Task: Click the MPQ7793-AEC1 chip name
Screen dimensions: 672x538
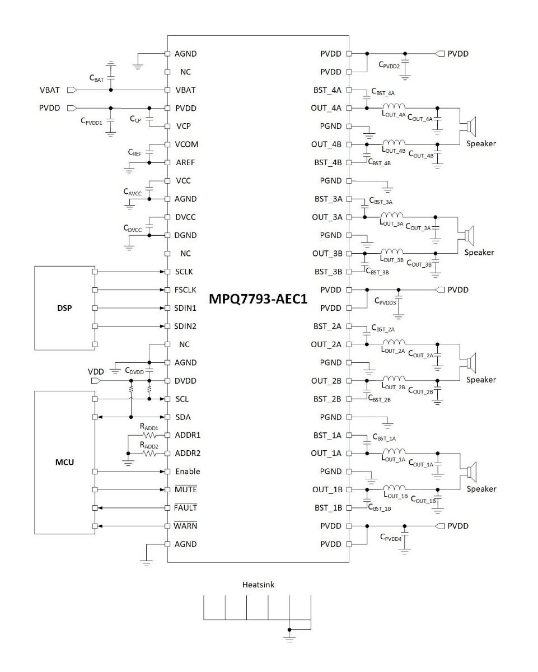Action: (x=258, y=299)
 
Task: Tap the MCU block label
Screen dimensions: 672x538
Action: (x=66, y=463)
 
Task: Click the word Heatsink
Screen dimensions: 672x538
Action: (x=258, y=585)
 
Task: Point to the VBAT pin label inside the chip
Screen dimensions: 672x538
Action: (x=185, y=90)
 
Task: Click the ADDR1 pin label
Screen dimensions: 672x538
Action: (x=188, y=435)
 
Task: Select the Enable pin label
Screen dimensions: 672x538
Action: (x=187, y=472)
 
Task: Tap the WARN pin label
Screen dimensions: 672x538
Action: (x=186, y=526)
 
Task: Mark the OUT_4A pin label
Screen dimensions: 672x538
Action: (x=326, y=108)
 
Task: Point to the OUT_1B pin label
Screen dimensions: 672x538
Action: (x=327, y=489)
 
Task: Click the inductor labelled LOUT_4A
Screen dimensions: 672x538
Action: (x=394, y=106)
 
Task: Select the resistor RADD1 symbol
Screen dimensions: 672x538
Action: (x=149, y=435)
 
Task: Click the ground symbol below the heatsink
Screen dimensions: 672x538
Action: (x=289, y=637)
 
